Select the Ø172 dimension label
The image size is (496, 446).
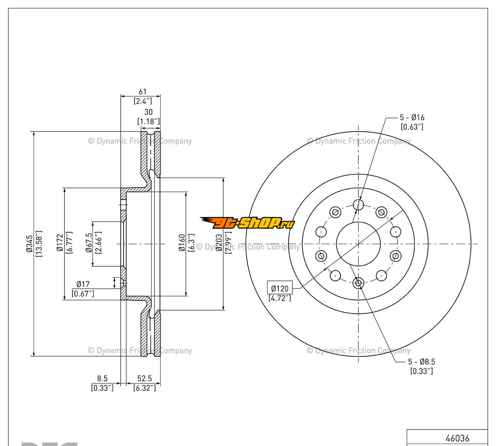[x=60, y=243]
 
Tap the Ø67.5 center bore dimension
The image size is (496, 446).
[x=89, y=243]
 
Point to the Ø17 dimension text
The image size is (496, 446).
[x=83, y=284]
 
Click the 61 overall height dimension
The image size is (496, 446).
[x=143, y=92]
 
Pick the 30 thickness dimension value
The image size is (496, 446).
[x=148, y=112]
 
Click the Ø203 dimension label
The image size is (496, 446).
[x=219, y=243]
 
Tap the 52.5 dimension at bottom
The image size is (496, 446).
[x=145, y=379]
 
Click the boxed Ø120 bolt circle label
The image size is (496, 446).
[x=280, y=288]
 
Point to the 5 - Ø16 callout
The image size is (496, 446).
[x=412, y=117]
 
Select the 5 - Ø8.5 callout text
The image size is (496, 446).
[x=421, y=362]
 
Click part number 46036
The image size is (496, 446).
[x=457, y=438]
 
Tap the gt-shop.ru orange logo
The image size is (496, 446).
[x=247, y=223]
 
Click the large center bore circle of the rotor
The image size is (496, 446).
[x=358, y=244]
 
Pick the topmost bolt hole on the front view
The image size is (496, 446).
[x=358, y=204]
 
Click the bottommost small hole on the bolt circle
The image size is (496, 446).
[x=358, y=283]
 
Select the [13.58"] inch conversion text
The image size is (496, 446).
[x=38, y=244]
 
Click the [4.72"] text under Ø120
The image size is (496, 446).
[x=280, y=298]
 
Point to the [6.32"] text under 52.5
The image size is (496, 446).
[x=145, y=388]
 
